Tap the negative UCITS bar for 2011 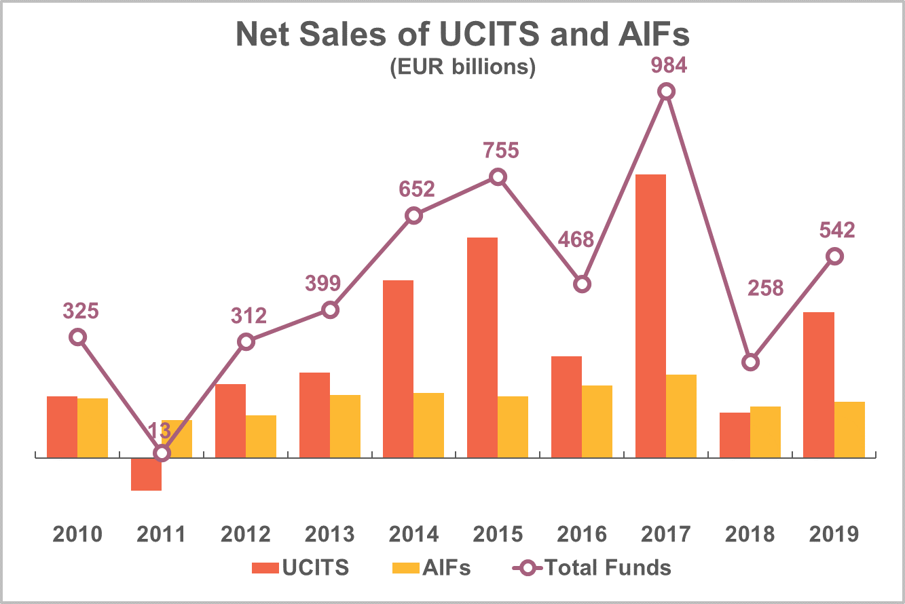(x=146, y=474)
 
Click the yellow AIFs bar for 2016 (x=597, y=421)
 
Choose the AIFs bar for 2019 (x=849, y=430)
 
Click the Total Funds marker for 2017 (x=667, y=92)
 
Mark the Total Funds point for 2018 (x=750, y=362)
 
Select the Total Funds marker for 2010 (x=78, y=337)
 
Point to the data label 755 (x=500, y=150)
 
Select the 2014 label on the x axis (x=414, y=534)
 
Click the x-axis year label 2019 (x=834, y=534)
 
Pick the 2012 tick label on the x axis (x=246, y=534)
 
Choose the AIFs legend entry (x=431, y=567)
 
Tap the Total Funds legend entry (x=591, y=567)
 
